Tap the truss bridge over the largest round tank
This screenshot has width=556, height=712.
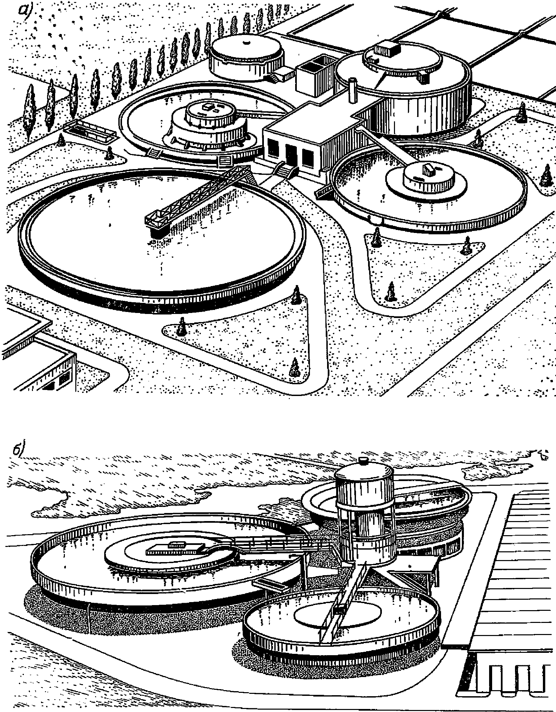tap(198, 195)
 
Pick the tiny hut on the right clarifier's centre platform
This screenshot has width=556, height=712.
tap(429, 170)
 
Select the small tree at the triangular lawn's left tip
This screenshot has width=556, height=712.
tap(182, 326)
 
